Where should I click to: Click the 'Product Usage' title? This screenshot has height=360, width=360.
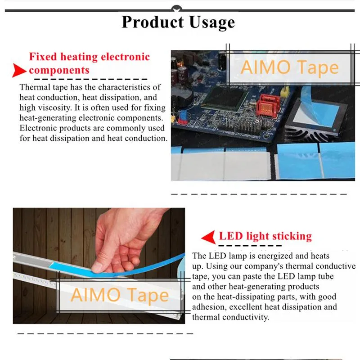point(178,22)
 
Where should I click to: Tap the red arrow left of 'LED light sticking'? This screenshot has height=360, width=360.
point(207,237)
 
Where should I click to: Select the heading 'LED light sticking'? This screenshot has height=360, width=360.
point(265,236)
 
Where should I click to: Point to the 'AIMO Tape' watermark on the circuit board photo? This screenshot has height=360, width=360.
point(289,67)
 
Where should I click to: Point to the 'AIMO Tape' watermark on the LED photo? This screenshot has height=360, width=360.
point(120,295)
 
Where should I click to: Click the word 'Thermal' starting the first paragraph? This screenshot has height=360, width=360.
point(33,87)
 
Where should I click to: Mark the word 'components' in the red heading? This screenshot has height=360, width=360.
point(59,70)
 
